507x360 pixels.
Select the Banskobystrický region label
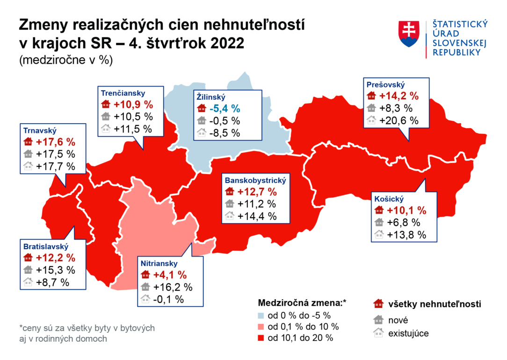tap(255, 180)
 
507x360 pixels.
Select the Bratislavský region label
tap(46, 246)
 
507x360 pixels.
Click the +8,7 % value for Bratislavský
tap(52, 282)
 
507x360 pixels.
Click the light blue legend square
tap(261, 315)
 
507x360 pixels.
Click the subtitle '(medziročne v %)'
tap(66, 60)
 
